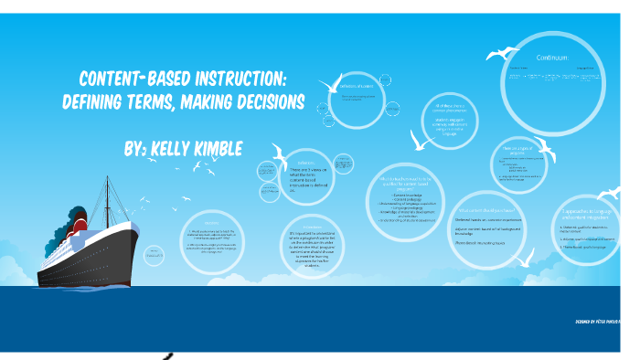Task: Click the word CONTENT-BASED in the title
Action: (128, 79)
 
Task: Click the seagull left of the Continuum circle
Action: (498, 55)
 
